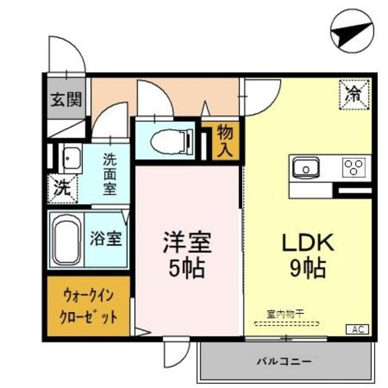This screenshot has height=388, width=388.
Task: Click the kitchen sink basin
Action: [x=306, y=166]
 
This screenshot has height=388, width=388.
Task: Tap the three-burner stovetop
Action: [x=353, y=166]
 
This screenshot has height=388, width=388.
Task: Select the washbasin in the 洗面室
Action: [x=72, y=159]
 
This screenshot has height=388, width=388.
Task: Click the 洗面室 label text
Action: [x=109, y=175]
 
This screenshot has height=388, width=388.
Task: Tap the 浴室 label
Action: [x=105, y=239]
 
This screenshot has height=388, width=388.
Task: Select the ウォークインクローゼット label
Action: [x=89, y=307]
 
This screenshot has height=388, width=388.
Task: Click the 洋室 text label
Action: [x=187, y=243]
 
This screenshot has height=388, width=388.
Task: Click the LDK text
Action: [x=307, y=243]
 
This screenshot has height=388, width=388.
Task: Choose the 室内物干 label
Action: [x=285, y=313]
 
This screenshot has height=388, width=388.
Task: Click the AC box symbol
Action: [x=357, y=329]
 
